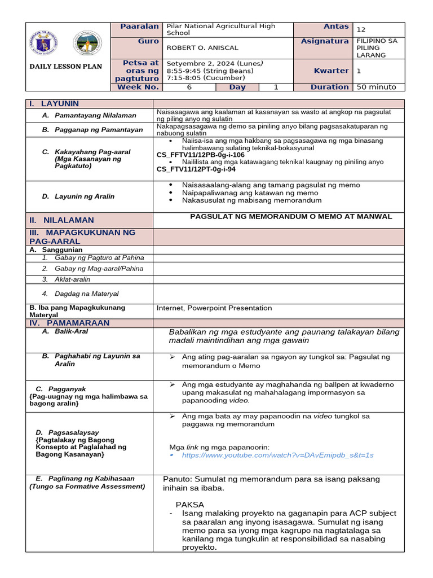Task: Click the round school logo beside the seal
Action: tap(89, 43)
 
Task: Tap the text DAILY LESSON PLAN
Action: tap(65, 67)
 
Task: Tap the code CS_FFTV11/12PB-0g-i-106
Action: tap(200, 155)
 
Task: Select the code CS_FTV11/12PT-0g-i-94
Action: tap(196, 169)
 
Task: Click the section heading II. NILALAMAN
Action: tap(62, 220)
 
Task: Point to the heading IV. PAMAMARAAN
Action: tap(69, 323)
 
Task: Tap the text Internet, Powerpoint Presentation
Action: tap(214, 308)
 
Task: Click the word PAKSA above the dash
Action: tap(189, 504)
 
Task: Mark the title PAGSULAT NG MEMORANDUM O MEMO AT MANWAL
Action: tap(291, 216)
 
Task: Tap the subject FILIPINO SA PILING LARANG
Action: tap(377, 48)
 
